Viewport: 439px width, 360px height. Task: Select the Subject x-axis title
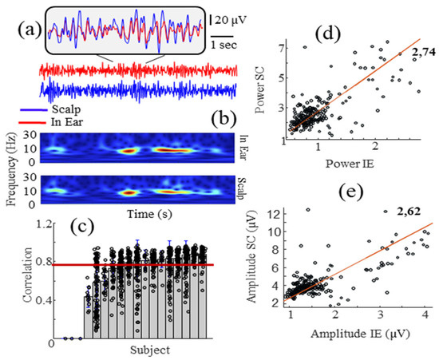pos(148,349)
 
